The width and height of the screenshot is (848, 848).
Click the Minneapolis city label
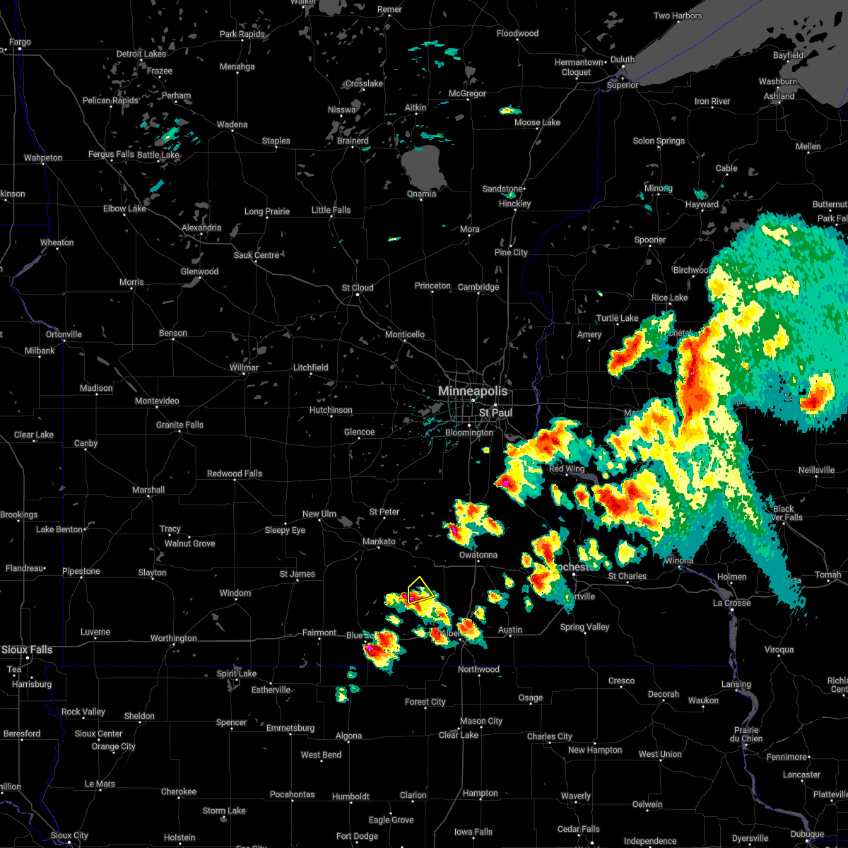(472, 391)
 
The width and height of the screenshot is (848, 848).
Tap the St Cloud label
(358, 288)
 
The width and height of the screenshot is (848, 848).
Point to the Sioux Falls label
(26, 649)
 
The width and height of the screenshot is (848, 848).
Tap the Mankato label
(379, 541)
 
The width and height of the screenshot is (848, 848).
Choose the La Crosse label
(731, 603)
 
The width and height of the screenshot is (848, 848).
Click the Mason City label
(481, 721)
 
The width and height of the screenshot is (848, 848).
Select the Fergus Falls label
(111, 154)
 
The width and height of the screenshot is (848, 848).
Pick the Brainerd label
(353, 141)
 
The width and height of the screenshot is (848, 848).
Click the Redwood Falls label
(235, 473)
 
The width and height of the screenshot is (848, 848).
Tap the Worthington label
(173, 638)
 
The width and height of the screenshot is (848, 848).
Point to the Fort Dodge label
(357, 836)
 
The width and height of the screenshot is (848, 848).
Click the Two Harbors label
(678, 16)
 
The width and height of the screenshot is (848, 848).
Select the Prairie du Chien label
(746, 734)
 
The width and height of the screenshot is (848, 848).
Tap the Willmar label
(244, 367)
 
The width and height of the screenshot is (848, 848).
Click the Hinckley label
(514, 204)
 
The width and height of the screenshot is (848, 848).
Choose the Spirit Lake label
(237, 673)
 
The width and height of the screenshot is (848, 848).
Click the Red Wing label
(567, 469)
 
